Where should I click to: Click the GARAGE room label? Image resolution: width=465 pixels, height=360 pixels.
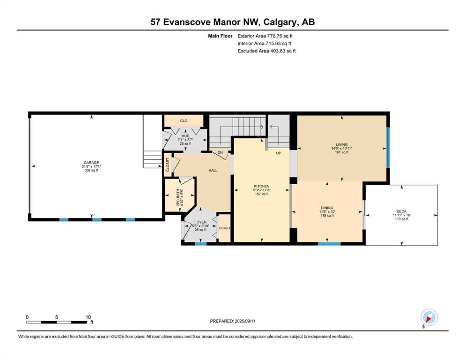coord(91,163)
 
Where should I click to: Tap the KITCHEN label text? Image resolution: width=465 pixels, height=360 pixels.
coord(261,186)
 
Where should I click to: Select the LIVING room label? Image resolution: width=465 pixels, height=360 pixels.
coord(342,144)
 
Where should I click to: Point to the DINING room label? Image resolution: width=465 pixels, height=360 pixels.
coord(327,208)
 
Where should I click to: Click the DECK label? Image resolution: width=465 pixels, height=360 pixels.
coord(401,211)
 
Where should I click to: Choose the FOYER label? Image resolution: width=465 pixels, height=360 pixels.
coord(200,222)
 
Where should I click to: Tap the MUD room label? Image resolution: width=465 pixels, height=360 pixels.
coord(185,136)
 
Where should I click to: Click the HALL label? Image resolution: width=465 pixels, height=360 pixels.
coord(213,170)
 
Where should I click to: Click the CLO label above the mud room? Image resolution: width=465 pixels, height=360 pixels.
coord(184,121)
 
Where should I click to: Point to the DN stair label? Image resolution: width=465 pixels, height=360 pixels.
coord(220,152)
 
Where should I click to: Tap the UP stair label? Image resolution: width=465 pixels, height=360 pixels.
coord(279,153)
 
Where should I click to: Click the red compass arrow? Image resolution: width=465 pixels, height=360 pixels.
coord(428,319)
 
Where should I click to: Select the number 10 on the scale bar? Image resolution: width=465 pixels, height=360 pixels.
coord(88,317)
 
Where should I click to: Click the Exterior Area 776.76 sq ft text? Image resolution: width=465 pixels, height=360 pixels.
coord(265,36)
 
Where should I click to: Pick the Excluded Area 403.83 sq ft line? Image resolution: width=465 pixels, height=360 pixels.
coord(266,51)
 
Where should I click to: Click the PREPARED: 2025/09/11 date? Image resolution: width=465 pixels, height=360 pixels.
coord(233,321)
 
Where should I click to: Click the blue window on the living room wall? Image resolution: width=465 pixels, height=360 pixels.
coord(388,148)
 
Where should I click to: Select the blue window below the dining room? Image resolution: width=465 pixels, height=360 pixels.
coord(329,244)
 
